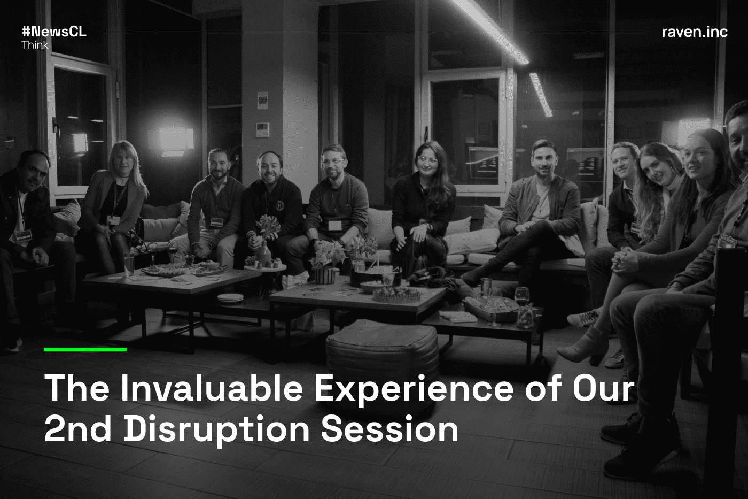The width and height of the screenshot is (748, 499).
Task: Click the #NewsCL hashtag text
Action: pos(53,32)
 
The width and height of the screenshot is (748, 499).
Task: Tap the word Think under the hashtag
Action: pos(35,45)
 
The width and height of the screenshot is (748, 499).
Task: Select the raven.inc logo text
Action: pos(695,32)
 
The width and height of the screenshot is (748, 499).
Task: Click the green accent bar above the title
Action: pos(85,349)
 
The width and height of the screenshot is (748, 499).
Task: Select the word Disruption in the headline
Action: pos(216,429)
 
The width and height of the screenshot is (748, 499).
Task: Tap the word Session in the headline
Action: pos(389,429)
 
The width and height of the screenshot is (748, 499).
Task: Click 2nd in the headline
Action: pos(78,429)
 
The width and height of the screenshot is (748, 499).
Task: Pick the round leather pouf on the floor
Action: pos(381,348)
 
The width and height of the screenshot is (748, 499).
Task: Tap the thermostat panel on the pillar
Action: pos(262,129)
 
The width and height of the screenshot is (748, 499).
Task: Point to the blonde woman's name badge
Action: pos(113,219)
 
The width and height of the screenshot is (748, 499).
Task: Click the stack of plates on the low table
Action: pos(230,297)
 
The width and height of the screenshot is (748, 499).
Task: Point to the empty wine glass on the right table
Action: pos(522,296)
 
